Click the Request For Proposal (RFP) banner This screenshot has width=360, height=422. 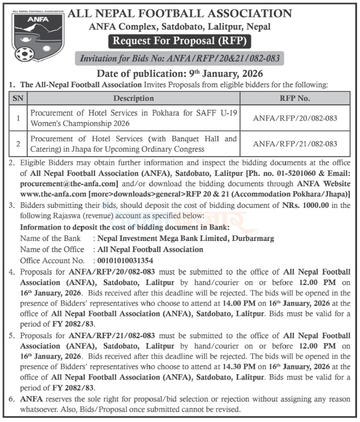[179, 41]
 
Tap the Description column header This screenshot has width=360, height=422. [134, 98]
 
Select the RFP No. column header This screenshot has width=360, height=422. [295, 98]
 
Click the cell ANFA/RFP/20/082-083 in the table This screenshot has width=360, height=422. [295, 118]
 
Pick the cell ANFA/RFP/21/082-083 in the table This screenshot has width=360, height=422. [295, 143]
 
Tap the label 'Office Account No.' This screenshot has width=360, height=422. [52, 260]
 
